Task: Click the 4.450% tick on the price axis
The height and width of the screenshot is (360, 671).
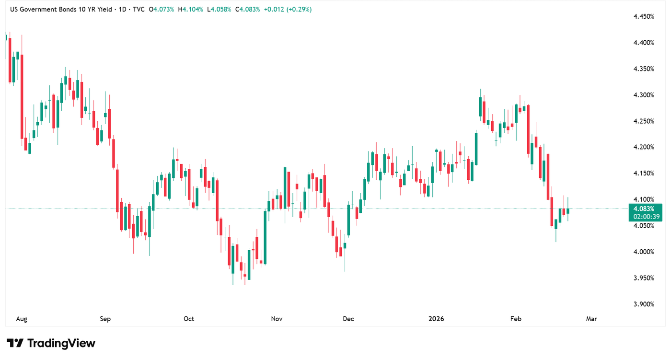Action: (x=644, y=17)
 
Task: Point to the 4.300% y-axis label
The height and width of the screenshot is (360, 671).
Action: (x=644, y=95)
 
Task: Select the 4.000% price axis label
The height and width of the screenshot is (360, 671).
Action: (x=644, y=252)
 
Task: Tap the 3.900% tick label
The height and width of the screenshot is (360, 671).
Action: (x=644, y=304)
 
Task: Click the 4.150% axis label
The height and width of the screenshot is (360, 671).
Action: (x=644, y=173)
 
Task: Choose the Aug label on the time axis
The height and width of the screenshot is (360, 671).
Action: (x=21, y=319)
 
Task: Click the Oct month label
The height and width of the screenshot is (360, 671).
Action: (x=189, y=319)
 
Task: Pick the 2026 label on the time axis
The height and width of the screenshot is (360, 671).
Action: (x=436, y=319)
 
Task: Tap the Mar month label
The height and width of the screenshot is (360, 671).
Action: (x=591, y=319)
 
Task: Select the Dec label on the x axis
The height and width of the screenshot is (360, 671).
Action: (x=349, y=319)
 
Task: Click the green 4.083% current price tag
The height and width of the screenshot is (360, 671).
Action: (x=644, y=209)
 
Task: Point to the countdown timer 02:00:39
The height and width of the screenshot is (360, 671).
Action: (x=644, y=217)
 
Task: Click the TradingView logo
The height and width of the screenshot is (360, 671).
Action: (x=51, y=343)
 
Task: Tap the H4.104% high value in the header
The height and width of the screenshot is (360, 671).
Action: (x=190, y=9)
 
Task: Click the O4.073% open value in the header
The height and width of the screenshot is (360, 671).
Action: (x=162, y=9)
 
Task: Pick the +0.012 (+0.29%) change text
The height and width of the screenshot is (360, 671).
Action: (x=288, y=9)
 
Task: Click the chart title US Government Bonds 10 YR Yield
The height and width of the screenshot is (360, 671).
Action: (x=62, y=9)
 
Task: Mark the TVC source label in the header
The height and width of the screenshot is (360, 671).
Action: (x=139, y=9)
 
